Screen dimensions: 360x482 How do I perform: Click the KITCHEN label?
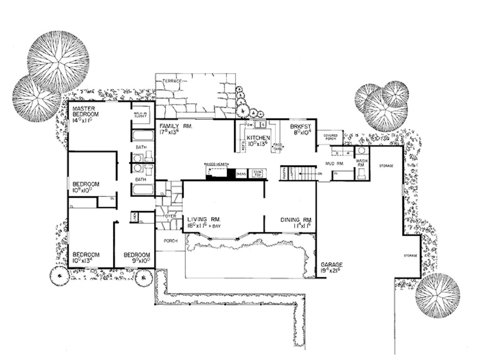coord(258,137)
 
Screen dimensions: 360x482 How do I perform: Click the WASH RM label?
coord(361,163)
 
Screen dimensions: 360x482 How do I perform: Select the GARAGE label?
coord(332,264)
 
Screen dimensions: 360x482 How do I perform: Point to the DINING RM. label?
coord(297,220)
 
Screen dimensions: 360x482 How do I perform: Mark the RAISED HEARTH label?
coord(216,164)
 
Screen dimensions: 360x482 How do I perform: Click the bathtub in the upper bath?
coord(142,136)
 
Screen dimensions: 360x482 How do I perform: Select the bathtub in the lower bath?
coord(142,190)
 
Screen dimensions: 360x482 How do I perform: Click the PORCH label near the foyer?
coord(170,240)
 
